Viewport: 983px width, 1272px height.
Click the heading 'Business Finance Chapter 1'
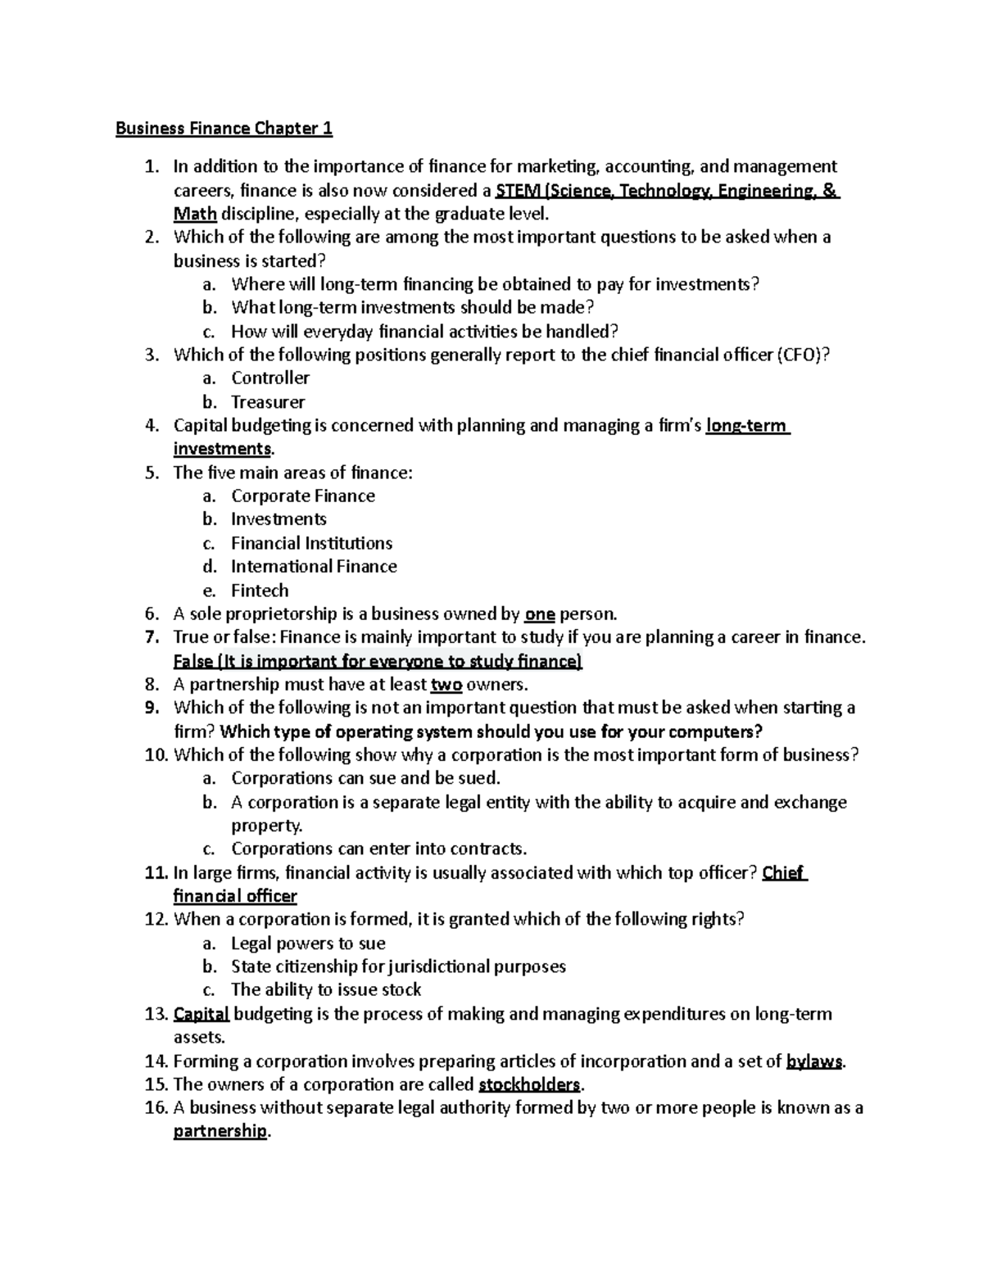tap(224, 129)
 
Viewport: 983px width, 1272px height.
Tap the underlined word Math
tap(195, 215)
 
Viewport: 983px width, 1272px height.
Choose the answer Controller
tap(270, 378)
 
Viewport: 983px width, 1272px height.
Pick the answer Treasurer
tap(268, 402)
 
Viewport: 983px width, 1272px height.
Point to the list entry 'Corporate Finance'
tap(303, 496)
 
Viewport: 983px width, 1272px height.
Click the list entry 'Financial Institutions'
tap(311, 543)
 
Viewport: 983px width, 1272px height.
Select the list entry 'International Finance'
tap(314, 567)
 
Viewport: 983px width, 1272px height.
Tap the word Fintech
tap(260, 591)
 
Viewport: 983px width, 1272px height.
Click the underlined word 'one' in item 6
tap(540, 614)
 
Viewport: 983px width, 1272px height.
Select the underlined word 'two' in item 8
tap(446, 685)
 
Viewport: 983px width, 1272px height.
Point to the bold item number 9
tap(150, 708)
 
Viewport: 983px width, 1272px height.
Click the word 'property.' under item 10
tap(266, 826)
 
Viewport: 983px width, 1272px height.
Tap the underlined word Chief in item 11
tap(783, 873)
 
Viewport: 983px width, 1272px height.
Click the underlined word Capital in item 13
tap(202, 1014)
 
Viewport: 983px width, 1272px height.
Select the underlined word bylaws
tap(813, 1062)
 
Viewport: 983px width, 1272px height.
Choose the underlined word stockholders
tap(529, 1085)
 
